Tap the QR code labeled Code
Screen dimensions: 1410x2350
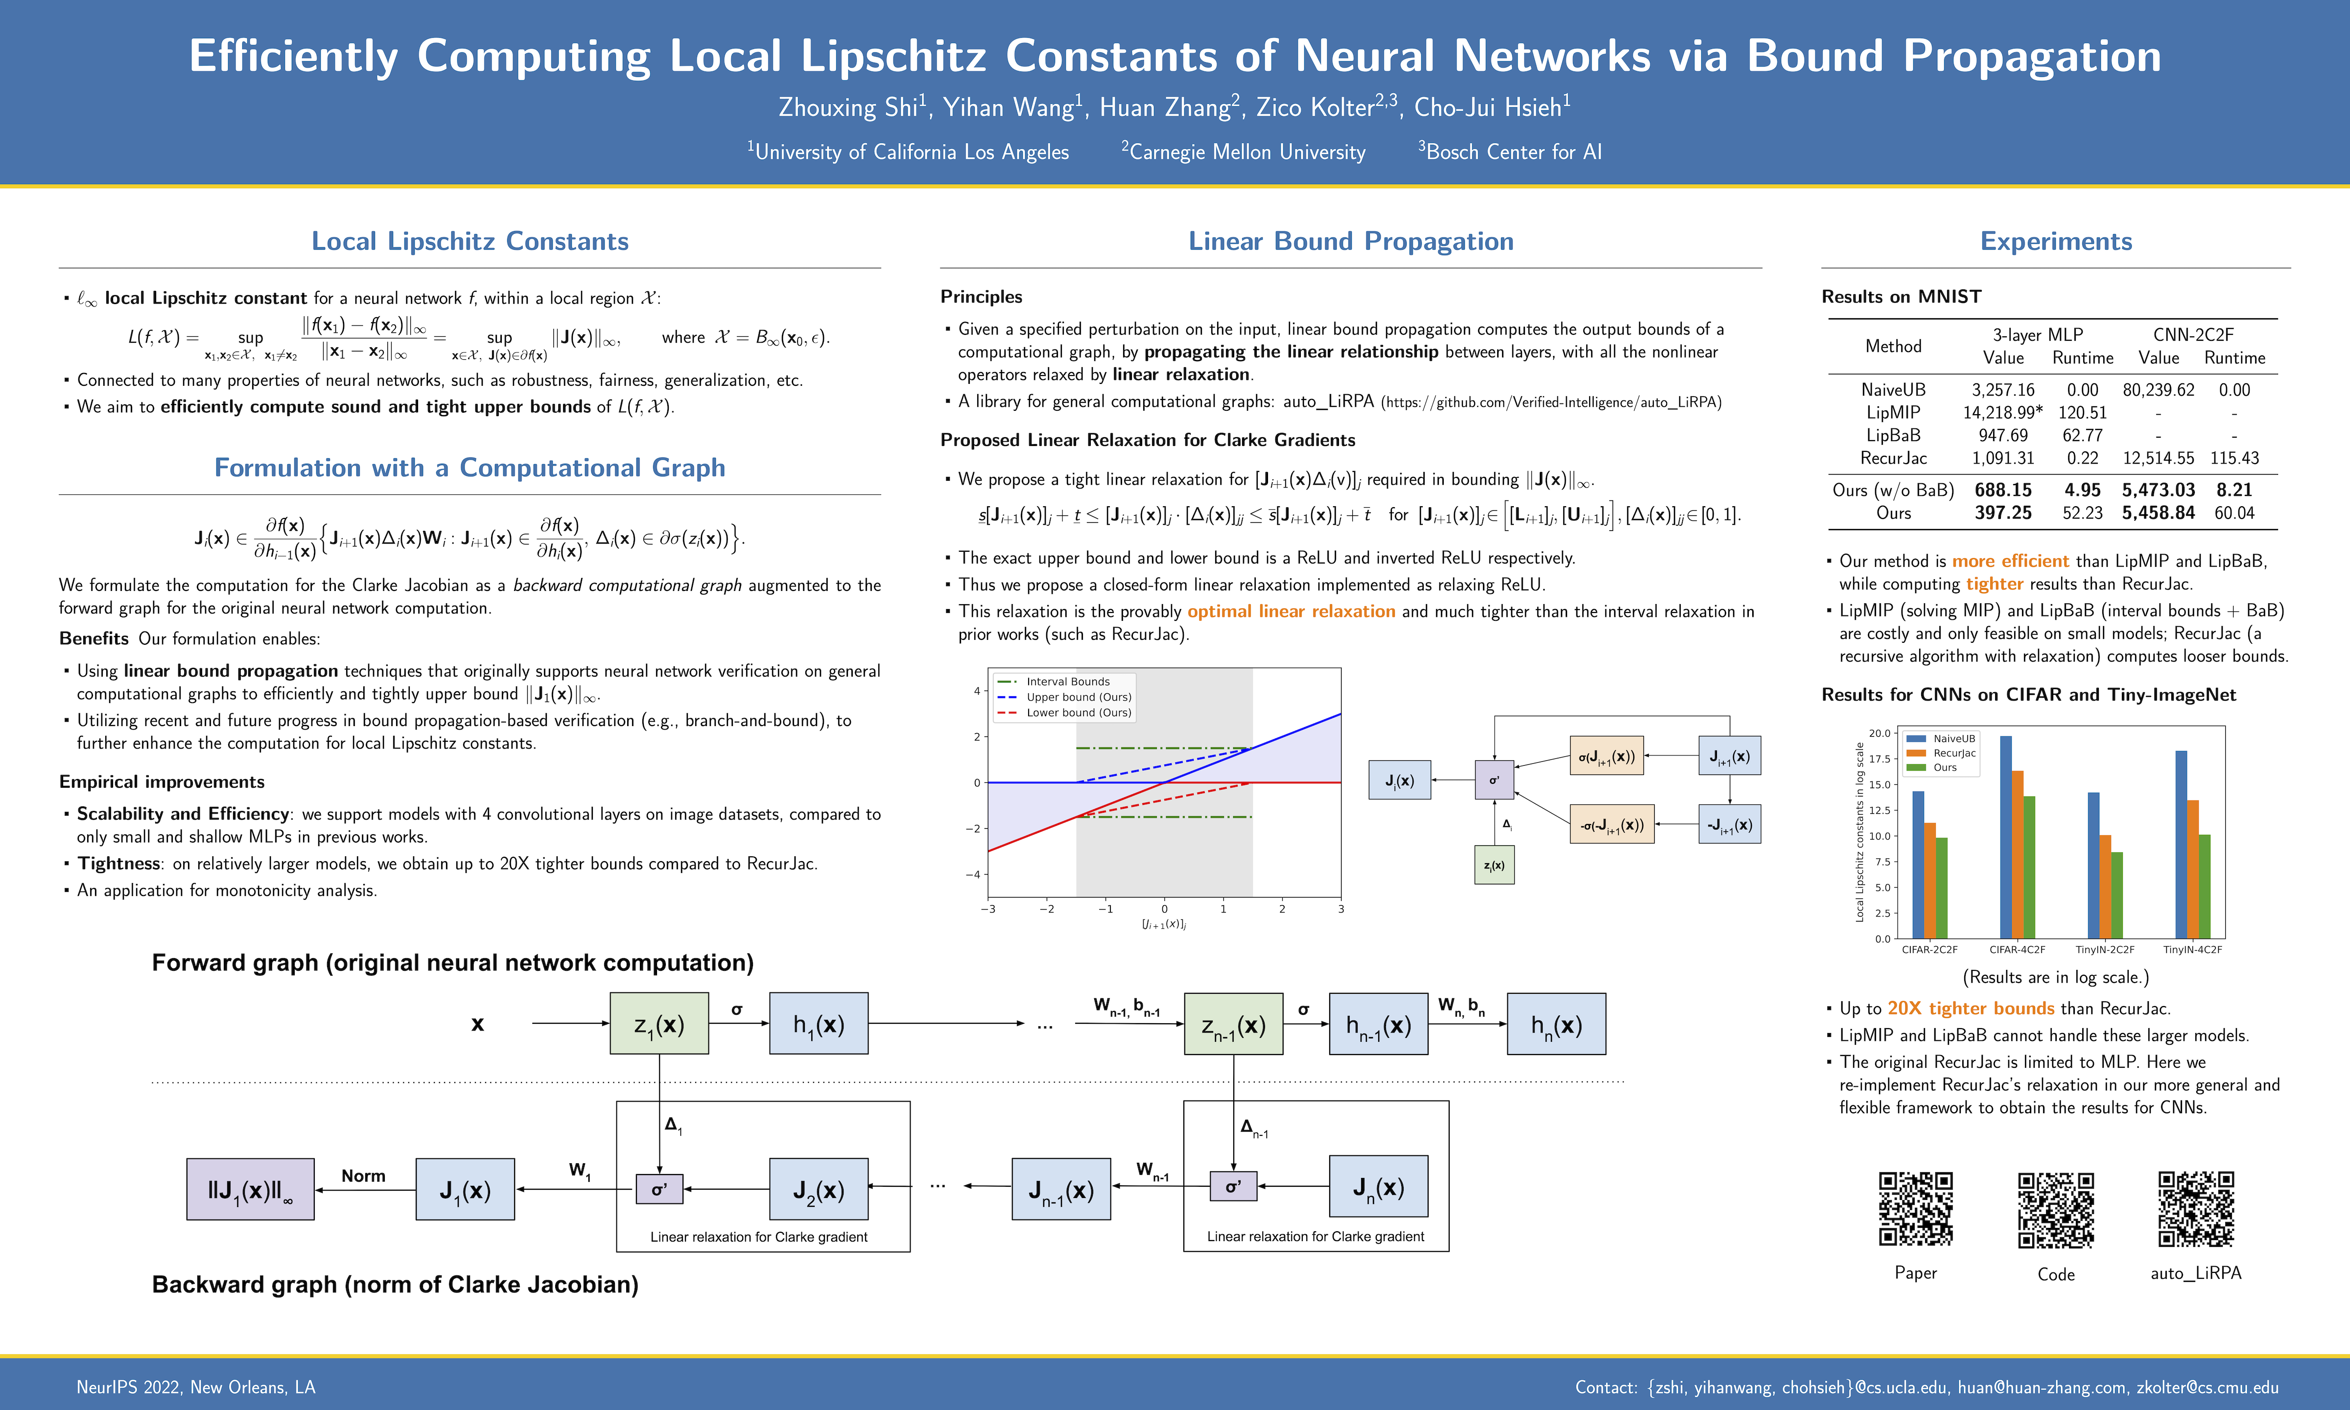(2056, 1210)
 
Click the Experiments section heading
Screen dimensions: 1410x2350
(2056, 241)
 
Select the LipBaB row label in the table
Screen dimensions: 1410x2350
(1893, 435)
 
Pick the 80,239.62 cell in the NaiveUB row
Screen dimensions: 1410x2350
(2158, 390)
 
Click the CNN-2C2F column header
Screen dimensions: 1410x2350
(2193, 334)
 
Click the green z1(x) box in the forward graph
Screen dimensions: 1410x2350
(659, 1024)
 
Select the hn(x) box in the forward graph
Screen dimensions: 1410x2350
(1556, 1024)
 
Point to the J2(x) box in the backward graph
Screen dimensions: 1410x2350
(818, 1190)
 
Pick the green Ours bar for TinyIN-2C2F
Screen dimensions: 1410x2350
(2116, 895)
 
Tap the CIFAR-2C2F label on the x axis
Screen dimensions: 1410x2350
(1929, 949)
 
